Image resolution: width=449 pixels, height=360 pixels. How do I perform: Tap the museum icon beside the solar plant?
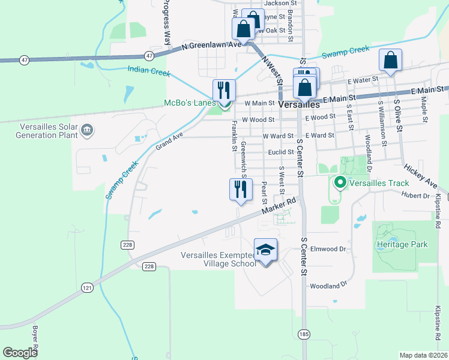[87, 129]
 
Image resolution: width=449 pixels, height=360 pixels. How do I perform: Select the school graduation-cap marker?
[265, 250]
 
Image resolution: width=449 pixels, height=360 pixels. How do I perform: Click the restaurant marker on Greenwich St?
[241, 189]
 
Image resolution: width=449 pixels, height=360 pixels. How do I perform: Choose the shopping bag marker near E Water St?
[390, 60]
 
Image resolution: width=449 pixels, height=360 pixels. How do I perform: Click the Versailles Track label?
[380, 183]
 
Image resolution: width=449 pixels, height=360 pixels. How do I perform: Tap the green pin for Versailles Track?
[340, 182]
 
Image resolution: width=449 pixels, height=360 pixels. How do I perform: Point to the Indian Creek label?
[149, 70]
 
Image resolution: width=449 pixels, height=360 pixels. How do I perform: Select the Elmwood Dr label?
[330, 248]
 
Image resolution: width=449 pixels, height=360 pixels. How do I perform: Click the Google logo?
[20, 353]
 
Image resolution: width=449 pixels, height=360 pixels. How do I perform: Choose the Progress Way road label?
[167, 22]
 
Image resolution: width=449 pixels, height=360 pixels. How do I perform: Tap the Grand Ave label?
[168, 142]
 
